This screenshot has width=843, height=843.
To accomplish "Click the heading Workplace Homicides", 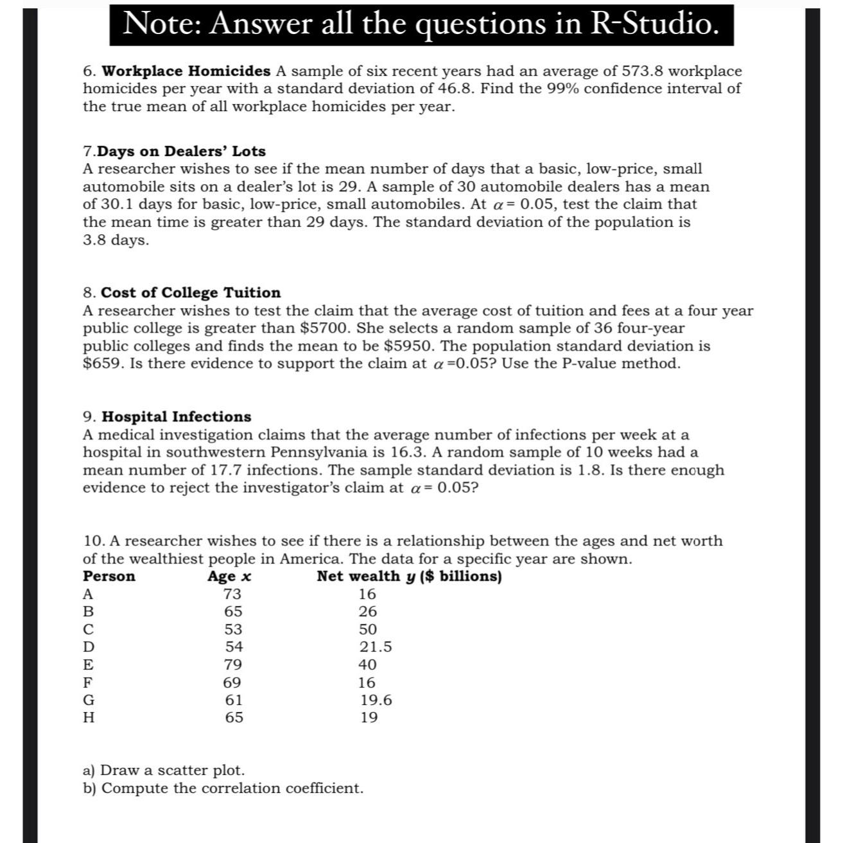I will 186,71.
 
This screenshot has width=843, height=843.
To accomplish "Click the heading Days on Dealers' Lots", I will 181,152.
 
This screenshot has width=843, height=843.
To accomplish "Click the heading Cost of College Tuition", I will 191,293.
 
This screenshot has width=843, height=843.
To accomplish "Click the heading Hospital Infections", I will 176,417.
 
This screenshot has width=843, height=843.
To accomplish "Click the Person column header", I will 109,577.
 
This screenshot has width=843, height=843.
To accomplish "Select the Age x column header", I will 229,577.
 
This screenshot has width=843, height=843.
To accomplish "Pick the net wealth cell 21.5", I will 375,647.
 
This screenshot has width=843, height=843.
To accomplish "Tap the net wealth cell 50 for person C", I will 368,630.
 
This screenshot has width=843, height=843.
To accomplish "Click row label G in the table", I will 89,700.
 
